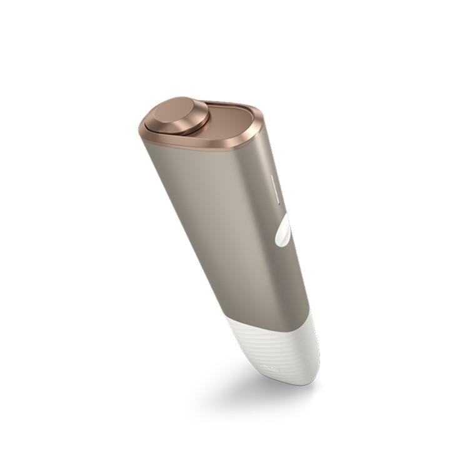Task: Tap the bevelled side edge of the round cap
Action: click(x=188, y=129)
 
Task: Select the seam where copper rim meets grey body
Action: click(x=206, y=150)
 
